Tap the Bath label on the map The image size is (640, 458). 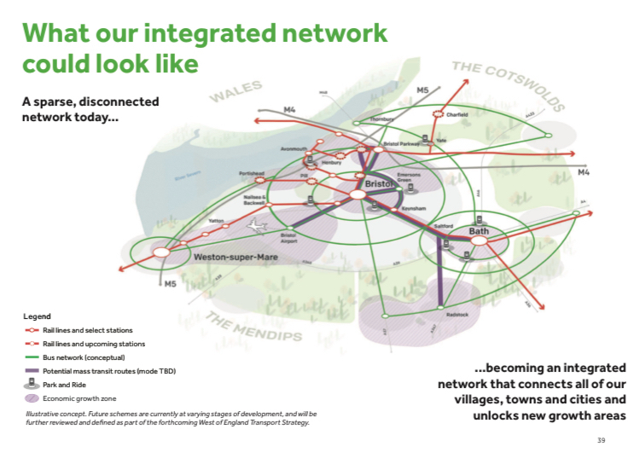coord(478,231)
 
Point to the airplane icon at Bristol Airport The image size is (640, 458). coord(255,226)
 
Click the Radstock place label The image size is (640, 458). coord(457,315)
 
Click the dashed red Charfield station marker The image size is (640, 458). coord(440,114)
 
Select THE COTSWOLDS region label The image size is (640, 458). coord(508,84)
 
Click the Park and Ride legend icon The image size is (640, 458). coord(32,384)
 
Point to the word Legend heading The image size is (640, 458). coord(37,316)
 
